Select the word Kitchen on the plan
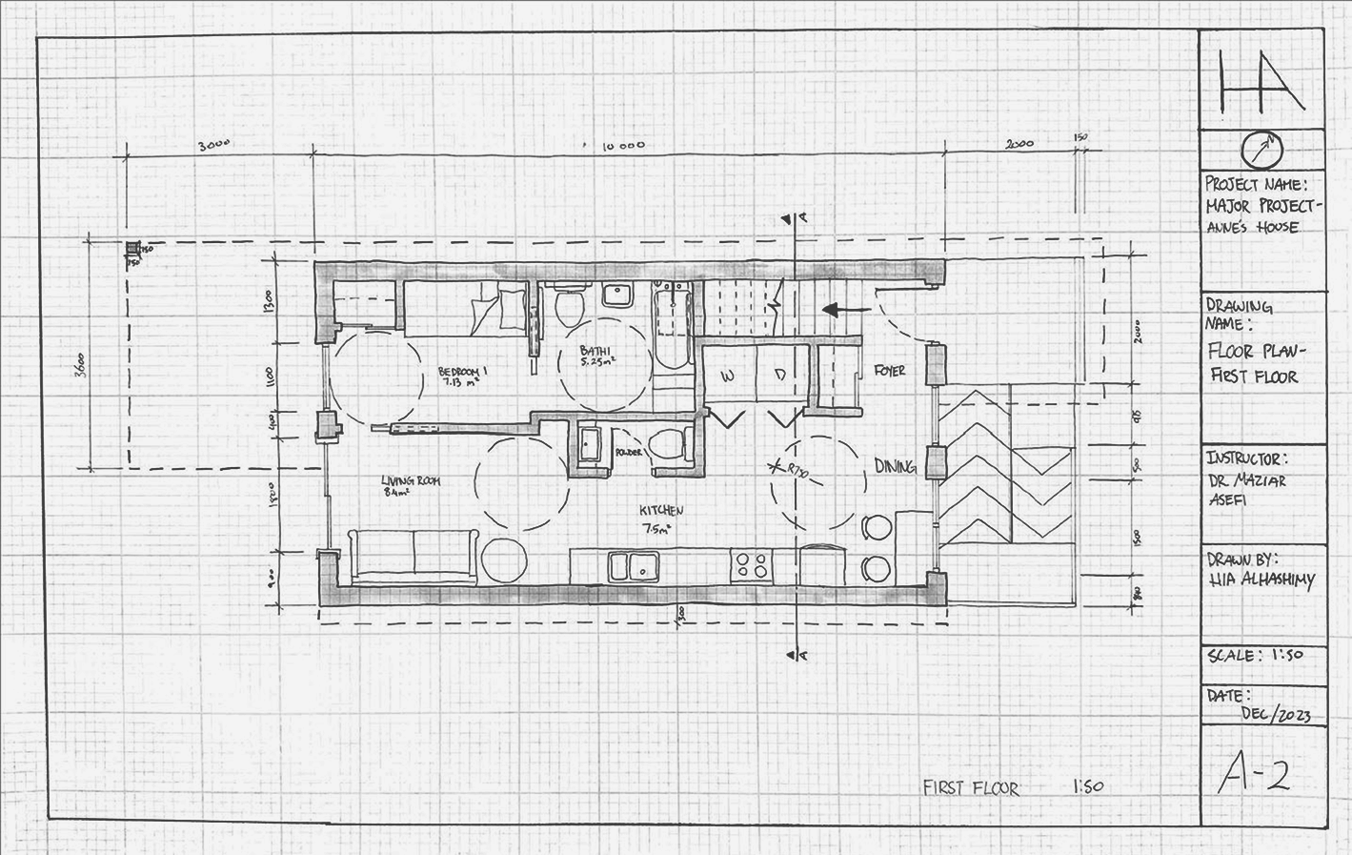(662, 511)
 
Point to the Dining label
(895, 466)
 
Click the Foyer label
(889, 370)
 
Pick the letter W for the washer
(728, 377)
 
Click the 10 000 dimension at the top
(624, 146)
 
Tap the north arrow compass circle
(1262, 148)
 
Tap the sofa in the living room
(414, 556)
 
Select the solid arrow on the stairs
(844, 310)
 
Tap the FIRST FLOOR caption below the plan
(971, 787)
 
